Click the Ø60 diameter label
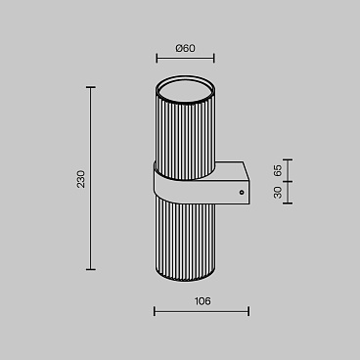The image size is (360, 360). tap(185, 49)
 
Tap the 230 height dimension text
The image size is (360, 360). tap(81, 179)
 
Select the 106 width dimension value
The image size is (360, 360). tap(202, 301)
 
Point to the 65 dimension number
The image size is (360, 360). tap(278, 170)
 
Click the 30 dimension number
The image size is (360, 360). tap(278, 193)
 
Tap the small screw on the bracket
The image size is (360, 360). tap(242, 193)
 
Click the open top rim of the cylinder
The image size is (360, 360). tap(185, 90)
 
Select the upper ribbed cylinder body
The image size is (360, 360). tap(185, 137)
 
